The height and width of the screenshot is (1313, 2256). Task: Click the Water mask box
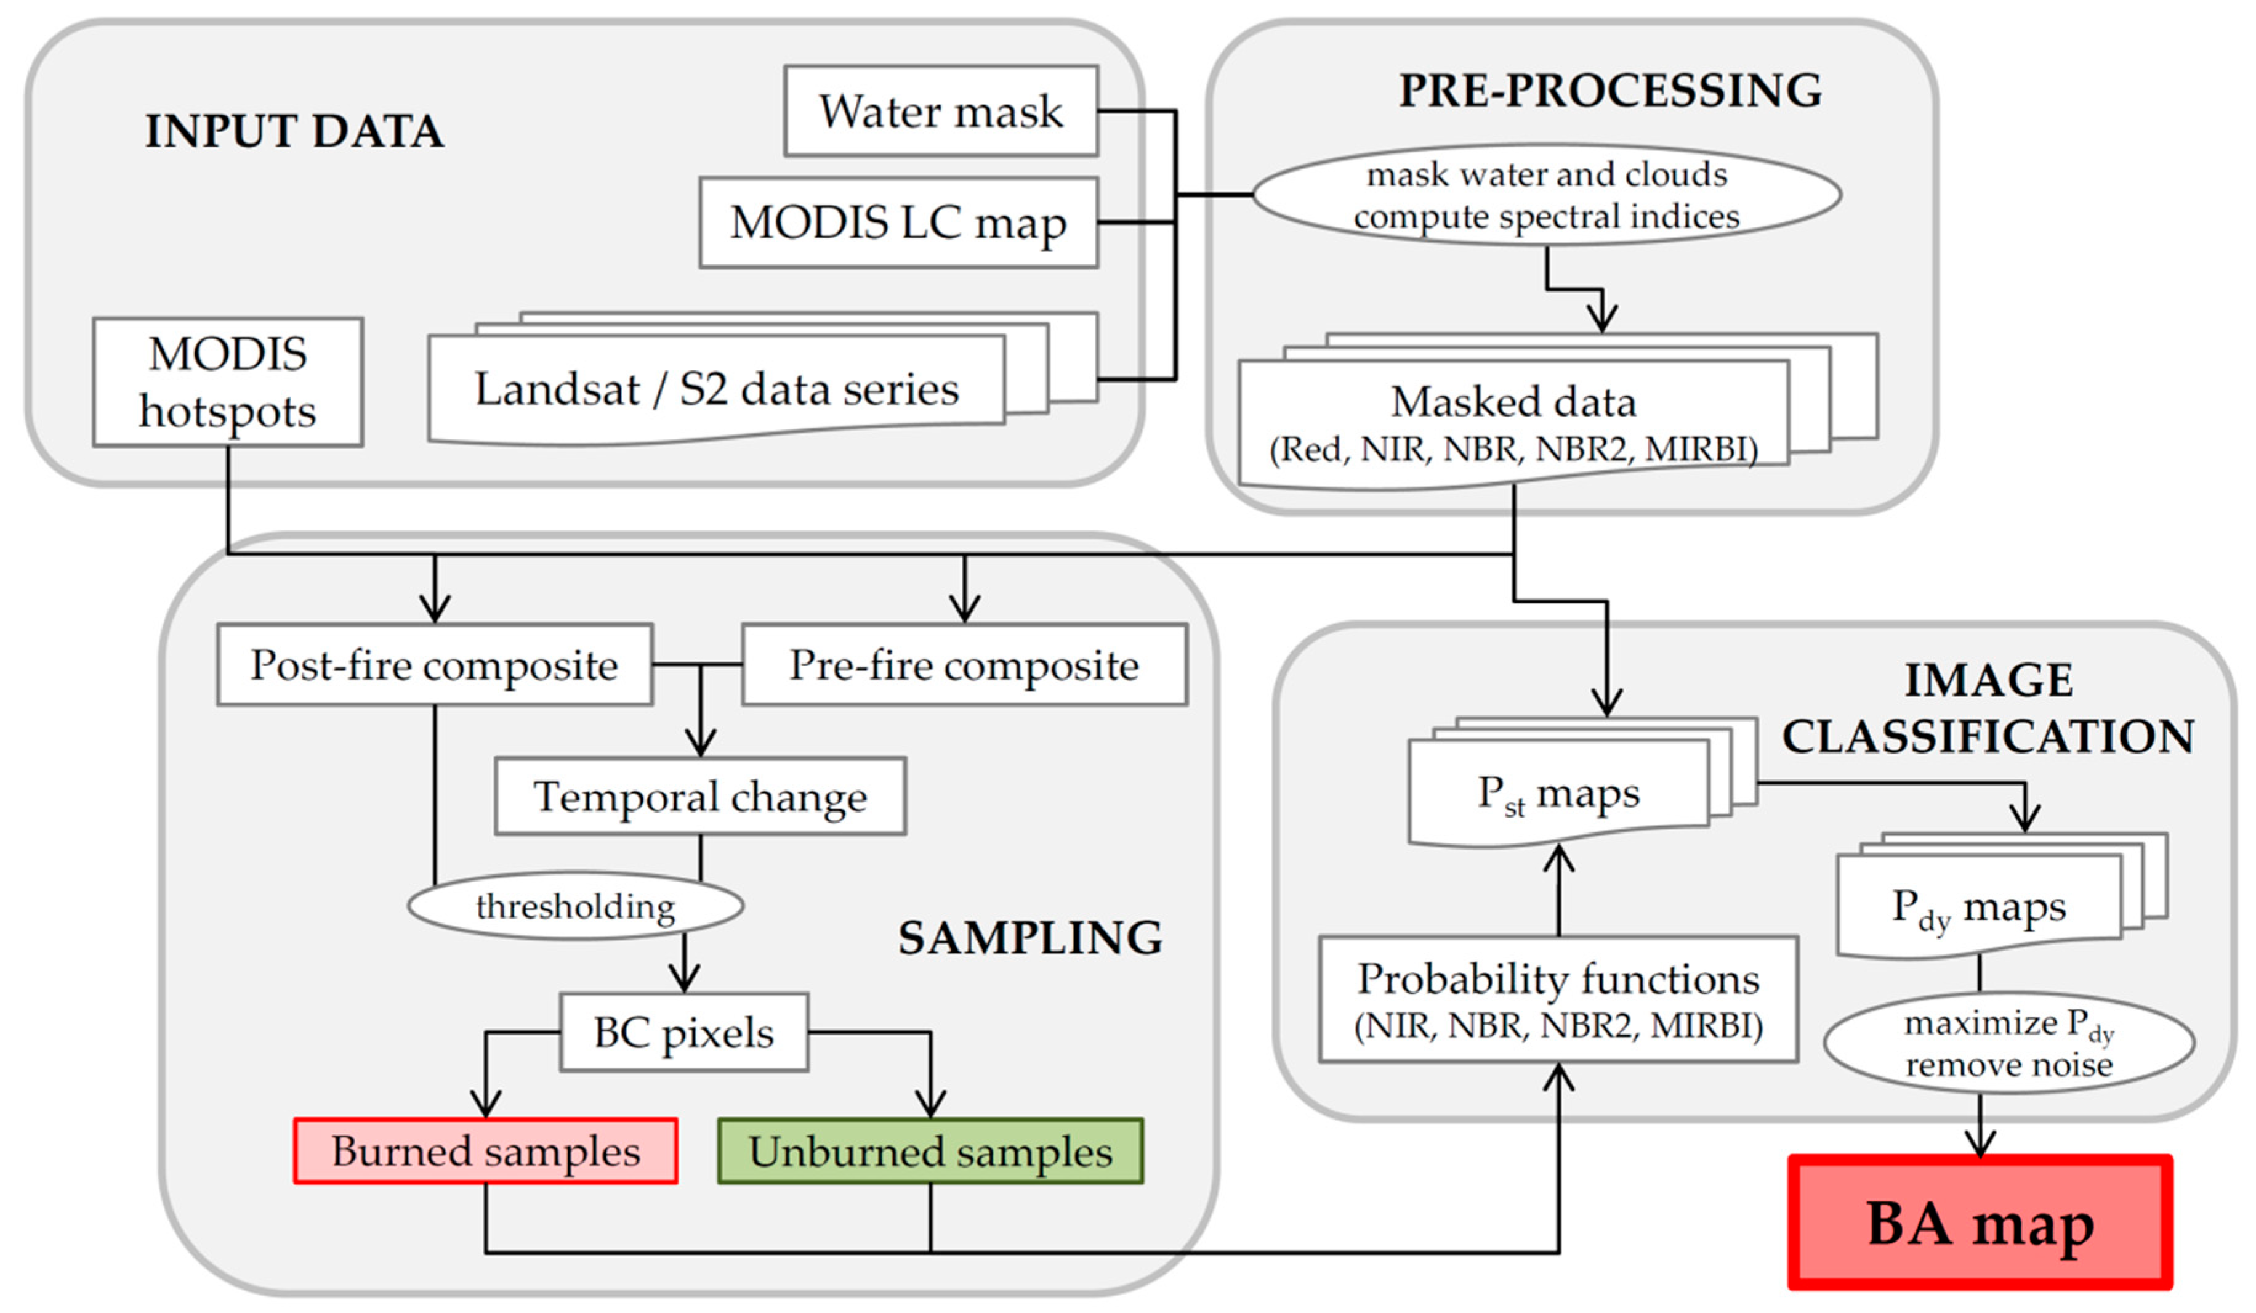coord(941,111)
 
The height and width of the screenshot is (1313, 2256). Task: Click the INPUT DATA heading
coord(294,132)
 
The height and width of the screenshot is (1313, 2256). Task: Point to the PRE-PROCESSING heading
coord(1609,91)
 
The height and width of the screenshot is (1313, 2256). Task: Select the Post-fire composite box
coord(434,665)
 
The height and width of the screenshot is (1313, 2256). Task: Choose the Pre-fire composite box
coord(964,665)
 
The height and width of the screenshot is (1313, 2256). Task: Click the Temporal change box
coord(700,796)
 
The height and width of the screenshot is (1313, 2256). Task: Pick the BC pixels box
coord(684,1032)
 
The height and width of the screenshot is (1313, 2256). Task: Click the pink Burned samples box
coord(485,1151)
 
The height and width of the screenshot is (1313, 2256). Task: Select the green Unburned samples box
coord(930,1151)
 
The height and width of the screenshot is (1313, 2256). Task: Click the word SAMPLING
coord(1029,938)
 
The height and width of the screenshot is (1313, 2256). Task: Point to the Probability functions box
coord(1558,999)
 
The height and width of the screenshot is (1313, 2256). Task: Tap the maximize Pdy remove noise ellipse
coord(2009,1043)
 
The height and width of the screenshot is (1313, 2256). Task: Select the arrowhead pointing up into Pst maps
coord(1558,858)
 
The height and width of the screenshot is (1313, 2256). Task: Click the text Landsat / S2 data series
coord(716,389)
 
